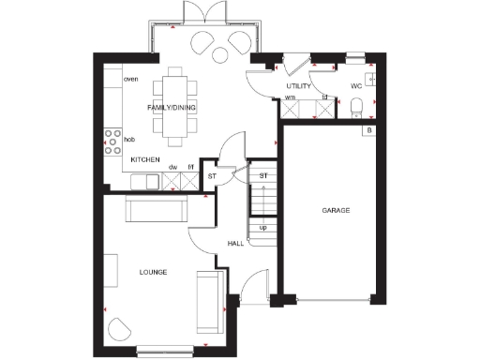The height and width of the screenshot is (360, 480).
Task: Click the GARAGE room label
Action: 336,211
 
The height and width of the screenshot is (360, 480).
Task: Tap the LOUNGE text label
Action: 153,272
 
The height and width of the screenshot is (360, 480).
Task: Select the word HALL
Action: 236,244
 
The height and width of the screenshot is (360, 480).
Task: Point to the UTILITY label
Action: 298,86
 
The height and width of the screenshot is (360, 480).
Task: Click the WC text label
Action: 356,86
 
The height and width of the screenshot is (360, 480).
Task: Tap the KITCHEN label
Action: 145,160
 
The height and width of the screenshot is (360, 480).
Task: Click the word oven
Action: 131,79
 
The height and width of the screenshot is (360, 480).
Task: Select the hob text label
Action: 129,139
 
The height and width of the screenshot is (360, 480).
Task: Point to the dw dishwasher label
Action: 172,167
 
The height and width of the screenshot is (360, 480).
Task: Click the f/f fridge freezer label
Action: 190,167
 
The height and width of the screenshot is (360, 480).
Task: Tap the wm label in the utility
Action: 291,97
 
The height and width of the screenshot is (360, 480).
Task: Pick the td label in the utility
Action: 324,97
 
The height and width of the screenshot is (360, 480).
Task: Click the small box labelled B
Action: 370,129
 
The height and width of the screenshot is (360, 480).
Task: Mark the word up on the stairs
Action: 262,227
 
